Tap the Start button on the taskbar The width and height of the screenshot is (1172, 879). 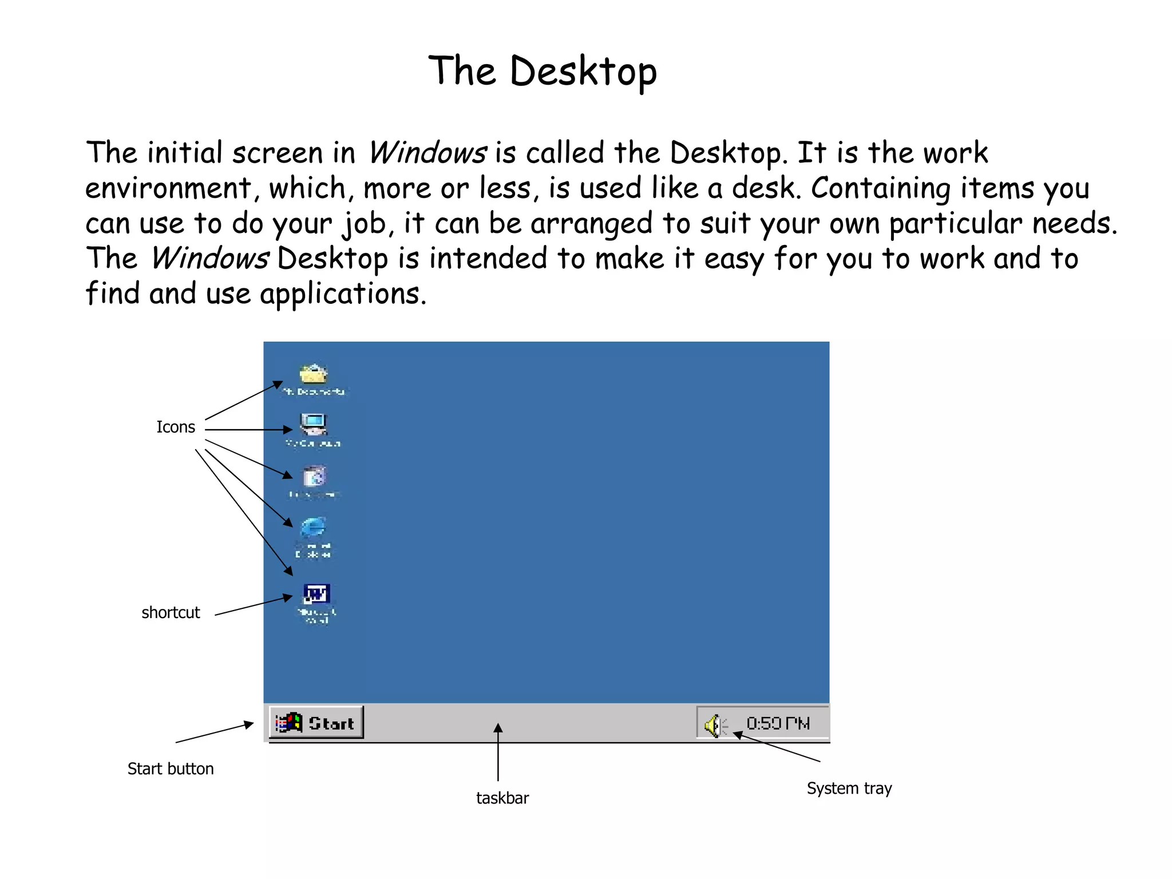point(316,723)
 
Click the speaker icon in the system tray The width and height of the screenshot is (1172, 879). point(713,726)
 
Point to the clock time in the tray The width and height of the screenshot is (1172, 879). point(778,724)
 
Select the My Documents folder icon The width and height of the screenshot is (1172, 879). point(313,374)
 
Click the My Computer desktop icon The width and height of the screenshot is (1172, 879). point(313,425)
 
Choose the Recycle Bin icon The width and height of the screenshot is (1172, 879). point(314,476)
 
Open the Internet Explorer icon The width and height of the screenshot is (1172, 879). point(313,528)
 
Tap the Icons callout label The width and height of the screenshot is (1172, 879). point(176,427)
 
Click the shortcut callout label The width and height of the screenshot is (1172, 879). point(171,612)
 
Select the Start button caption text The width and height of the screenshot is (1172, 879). point(171,769)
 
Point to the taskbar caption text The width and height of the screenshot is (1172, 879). point(502,798)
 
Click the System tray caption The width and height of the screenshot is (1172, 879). point(849,788)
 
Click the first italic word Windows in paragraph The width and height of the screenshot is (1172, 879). point(427,153)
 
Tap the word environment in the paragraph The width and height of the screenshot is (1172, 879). point(169,188)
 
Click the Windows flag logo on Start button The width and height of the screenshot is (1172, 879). point(289,723)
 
